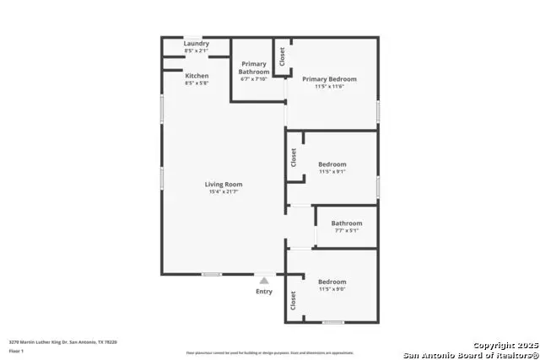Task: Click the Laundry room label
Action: pos(197,44)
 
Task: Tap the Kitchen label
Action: pos(197,76)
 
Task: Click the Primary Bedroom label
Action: pos(330,79)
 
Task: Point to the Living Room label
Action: pos(224,185)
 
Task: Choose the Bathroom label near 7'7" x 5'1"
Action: pos(346,223)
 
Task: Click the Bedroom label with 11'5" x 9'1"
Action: pos(332,164)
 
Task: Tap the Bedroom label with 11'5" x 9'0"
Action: pos(332,282)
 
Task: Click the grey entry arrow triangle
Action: pos(264,280)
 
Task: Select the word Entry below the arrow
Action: pos(264,292)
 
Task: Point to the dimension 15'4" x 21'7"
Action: pos(224,192)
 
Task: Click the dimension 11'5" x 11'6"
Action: pos(330,87)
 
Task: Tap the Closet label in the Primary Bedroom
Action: pos(282,56)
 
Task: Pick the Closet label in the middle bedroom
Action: pos(294,158)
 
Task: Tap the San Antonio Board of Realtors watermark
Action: pos(470,354)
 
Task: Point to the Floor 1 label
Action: pos(16,351)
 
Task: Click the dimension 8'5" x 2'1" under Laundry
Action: pos(197,51)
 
